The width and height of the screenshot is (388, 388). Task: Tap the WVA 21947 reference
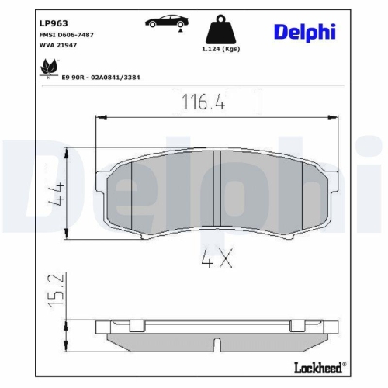coord(57,46)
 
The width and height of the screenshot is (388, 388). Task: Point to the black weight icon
coord(221,30)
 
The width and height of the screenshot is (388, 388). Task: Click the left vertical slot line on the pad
coord(133,194)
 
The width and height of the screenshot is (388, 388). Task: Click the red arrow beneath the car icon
coord(180,32)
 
